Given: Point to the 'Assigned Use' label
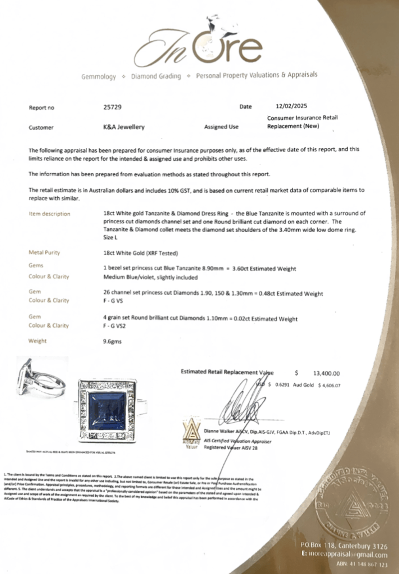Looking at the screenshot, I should [221, 127].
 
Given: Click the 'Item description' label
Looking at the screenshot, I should [49, 214].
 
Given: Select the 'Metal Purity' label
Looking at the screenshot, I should [45, 253].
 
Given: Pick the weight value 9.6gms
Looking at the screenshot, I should [112, 341].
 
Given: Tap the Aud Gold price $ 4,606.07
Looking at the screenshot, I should [327, 385].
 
